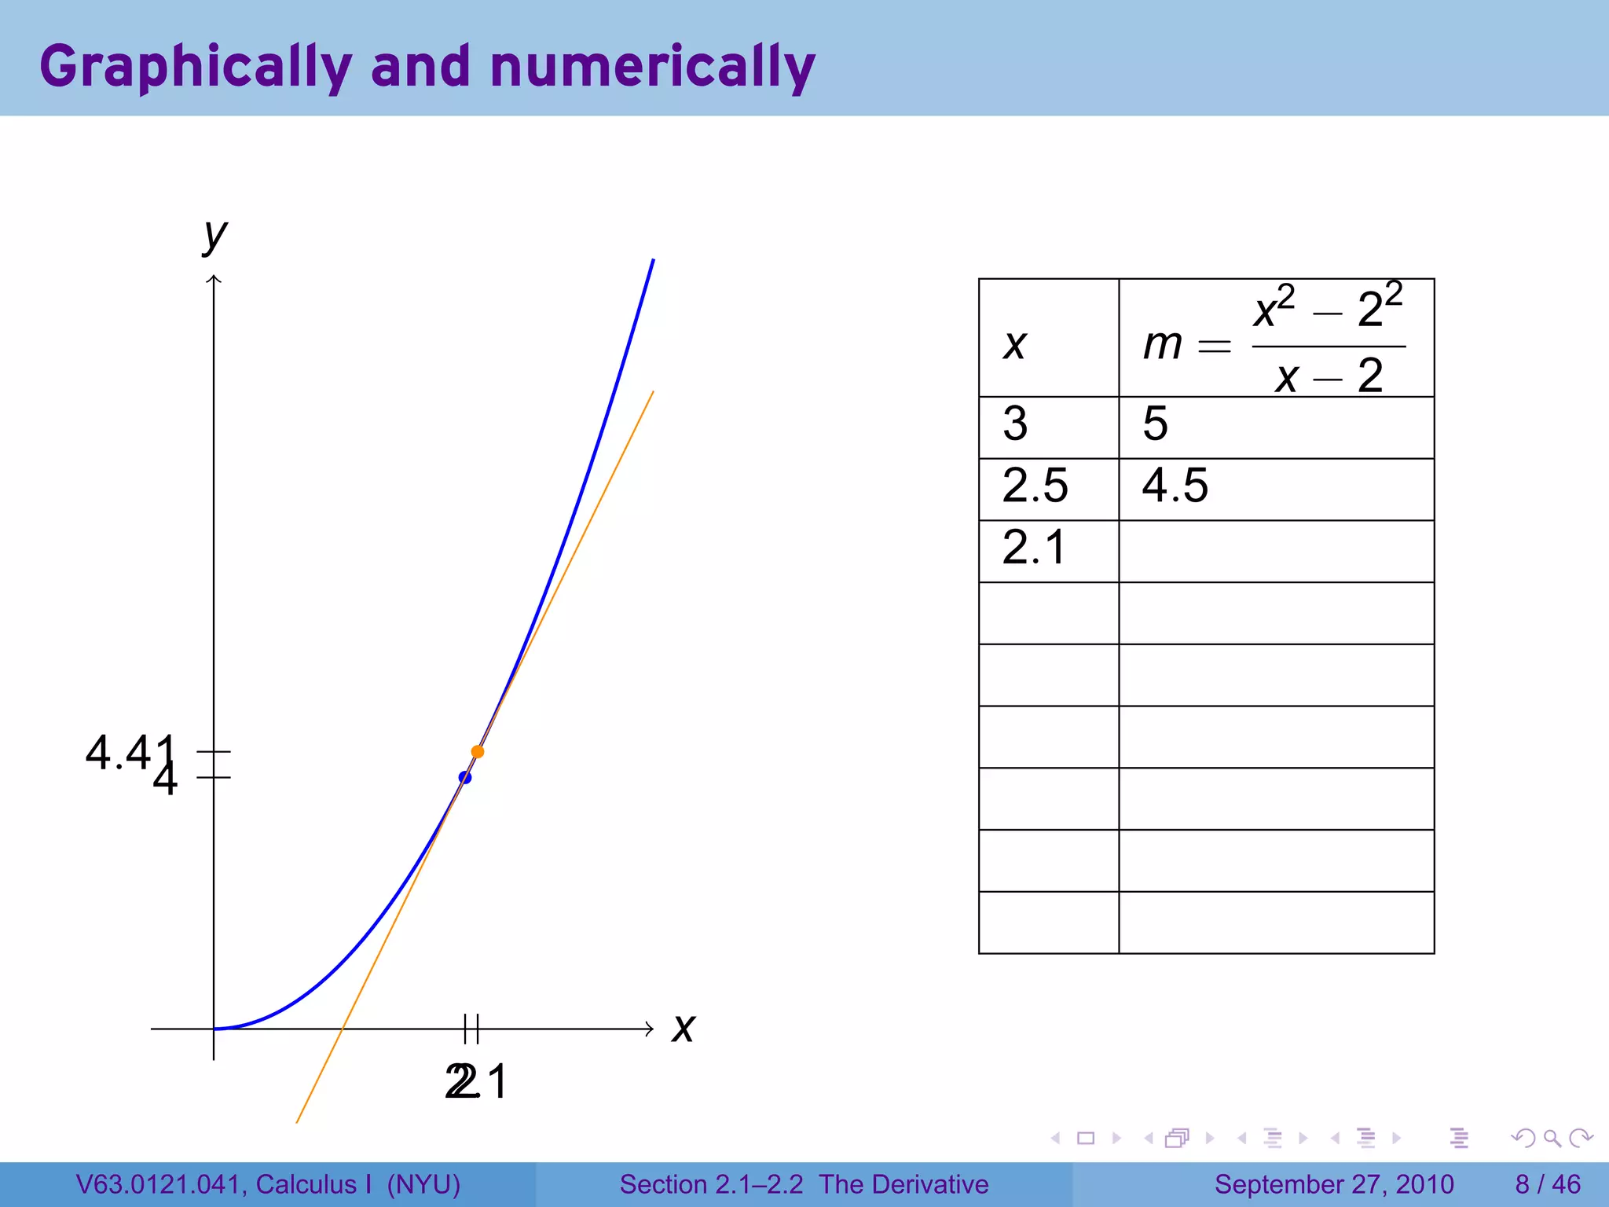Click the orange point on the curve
[478, 752]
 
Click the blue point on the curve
[465, 777]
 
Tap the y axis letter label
[214, 235]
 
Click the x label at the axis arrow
[684, 1028]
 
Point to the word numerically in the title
[652, 68]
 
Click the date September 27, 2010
[1334, 1184]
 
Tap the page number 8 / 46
[1548, 1184]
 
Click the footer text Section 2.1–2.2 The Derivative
[804, 1184]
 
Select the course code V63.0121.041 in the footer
[160, 1184]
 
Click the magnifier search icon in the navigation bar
[1552, 1138]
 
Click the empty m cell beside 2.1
[1276, 551]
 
